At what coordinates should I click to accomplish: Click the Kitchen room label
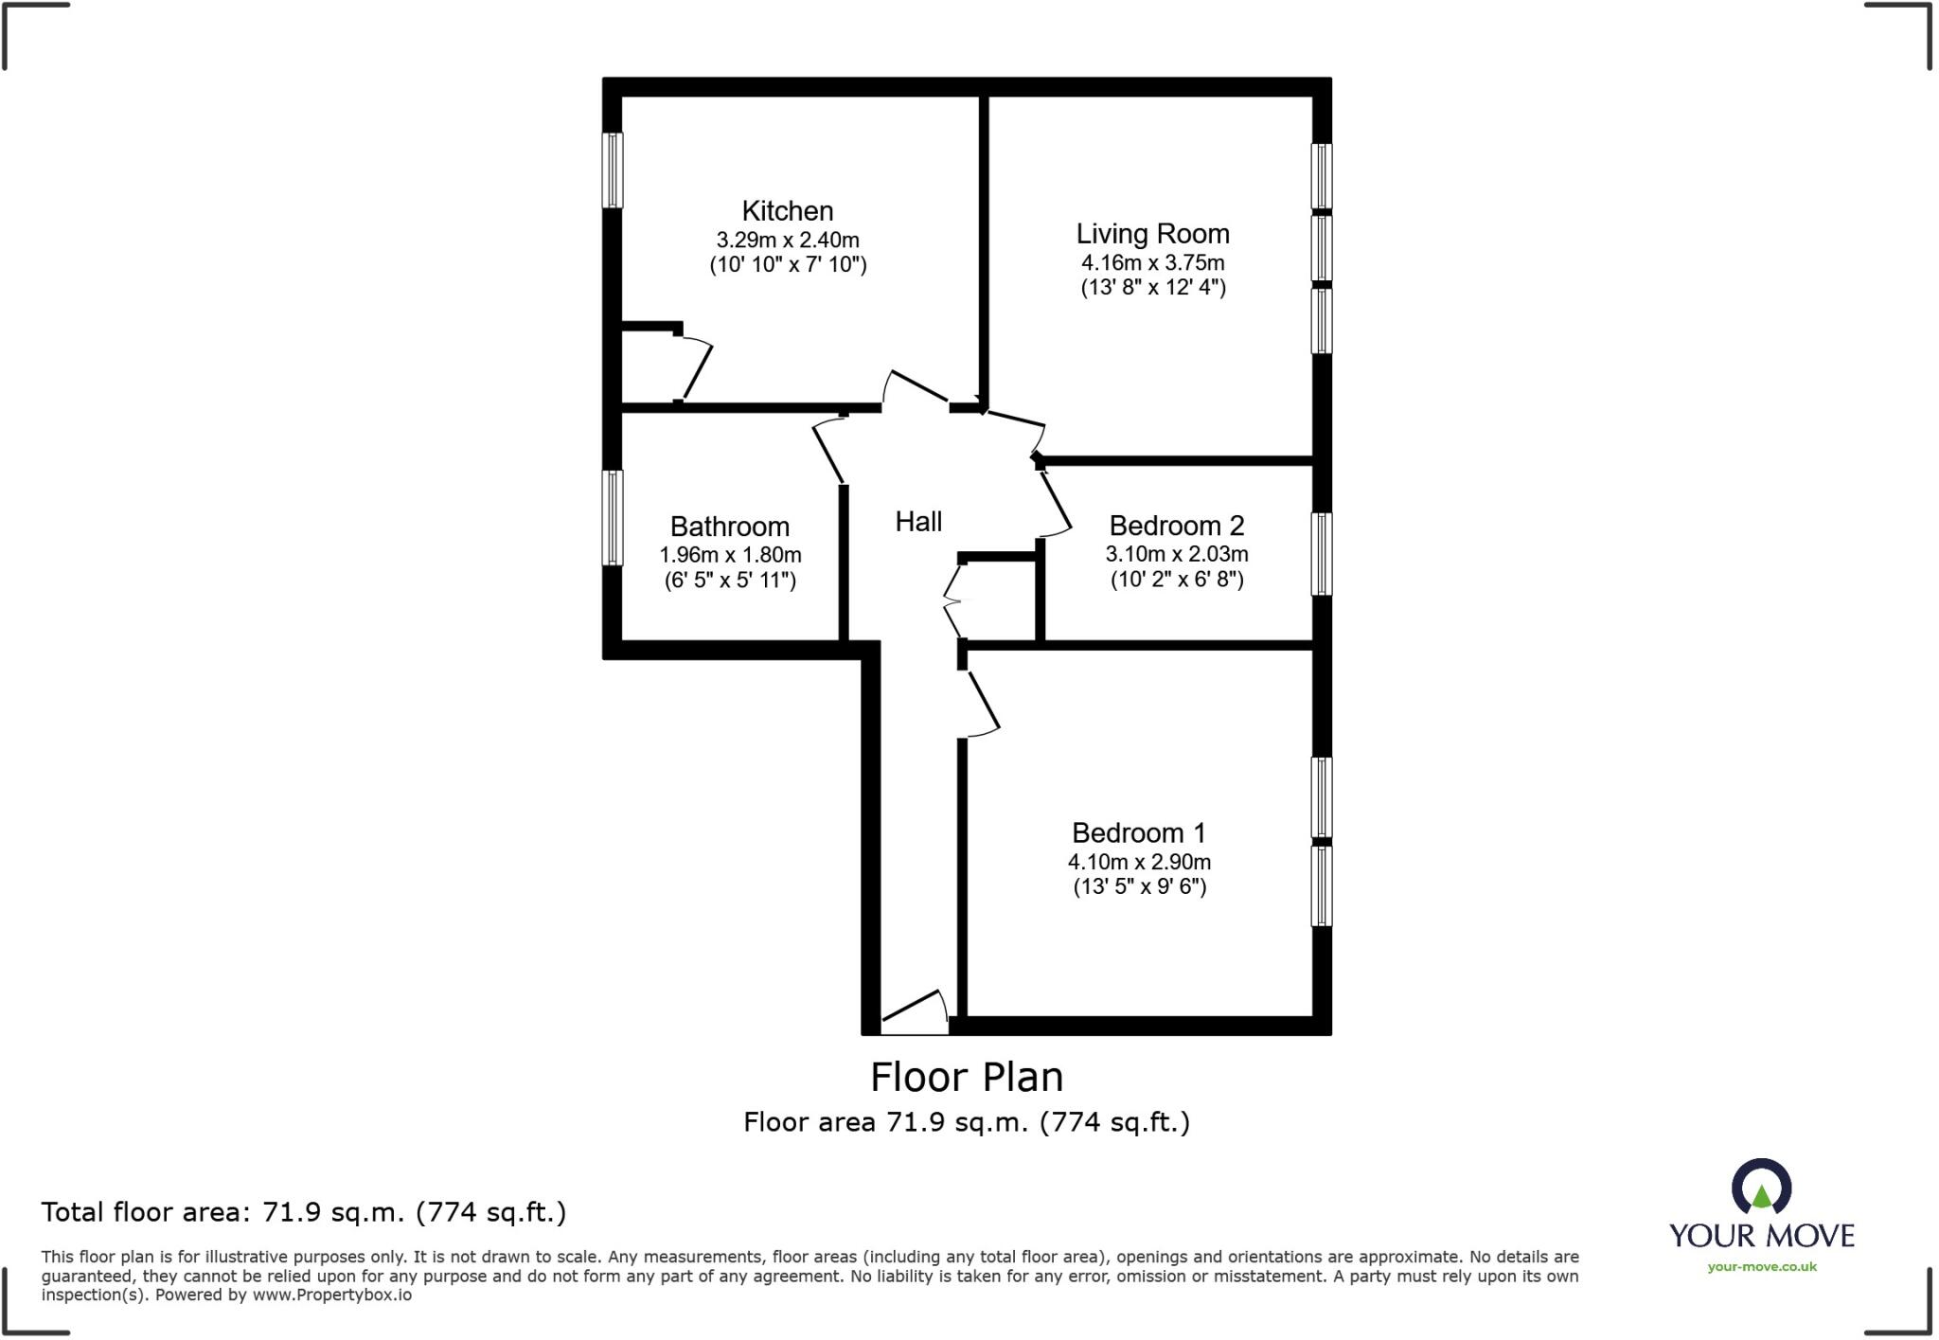[x=787, y=210]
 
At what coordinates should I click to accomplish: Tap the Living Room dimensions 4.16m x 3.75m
[x=1152, y=262]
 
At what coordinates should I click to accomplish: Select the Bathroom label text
[x=729, y=527]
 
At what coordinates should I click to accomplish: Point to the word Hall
[x=918, y=522]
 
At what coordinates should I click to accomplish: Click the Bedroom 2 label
[x=1176, y=526]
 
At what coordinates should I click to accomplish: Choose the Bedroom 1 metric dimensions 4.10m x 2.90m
[x=1139, y=862]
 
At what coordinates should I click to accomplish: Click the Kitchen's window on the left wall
[x=614, y=170]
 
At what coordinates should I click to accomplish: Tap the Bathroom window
[x=614, y=518]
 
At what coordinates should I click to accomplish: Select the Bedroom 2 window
[x=1321, y=554]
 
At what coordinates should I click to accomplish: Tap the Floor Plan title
[x=967, y=1077]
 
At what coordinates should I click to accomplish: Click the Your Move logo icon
[x=1761, y=1188]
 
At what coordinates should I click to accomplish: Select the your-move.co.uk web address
[x=1761, y=1267]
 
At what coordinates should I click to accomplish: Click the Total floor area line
[x=303, y=1212]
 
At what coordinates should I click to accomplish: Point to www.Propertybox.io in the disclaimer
[x=331, y=1295]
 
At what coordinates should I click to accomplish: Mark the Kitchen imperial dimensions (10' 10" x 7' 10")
[x=788, y=264]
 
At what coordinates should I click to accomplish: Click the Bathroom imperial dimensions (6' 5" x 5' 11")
[x=729, y=580]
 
